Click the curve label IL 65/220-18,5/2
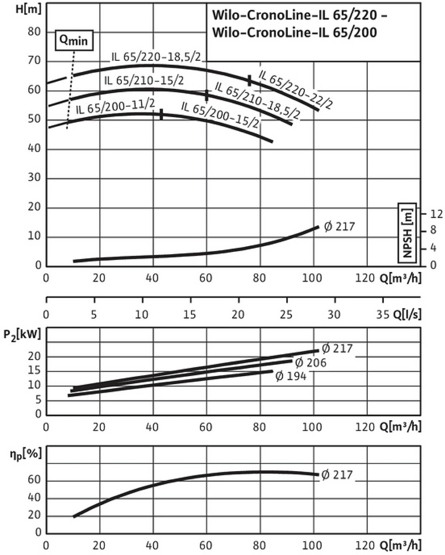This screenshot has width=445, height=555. [156, 57]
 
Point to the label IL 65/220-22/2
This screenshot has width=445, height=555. [295, 89]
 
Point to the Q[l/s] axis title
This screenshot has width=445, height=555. [406, 314]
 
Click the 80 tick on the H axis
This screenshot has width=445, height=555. [33, 32]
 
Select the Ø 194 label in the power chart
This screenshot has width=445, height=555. [291, 376]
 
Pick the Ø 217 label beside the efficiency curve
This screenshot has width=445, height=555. [337, 475]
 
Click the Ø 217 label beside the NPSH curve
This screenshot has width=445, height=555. [339, 226]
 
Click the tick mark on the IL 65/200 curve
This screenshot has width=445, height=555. [161, 114]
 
